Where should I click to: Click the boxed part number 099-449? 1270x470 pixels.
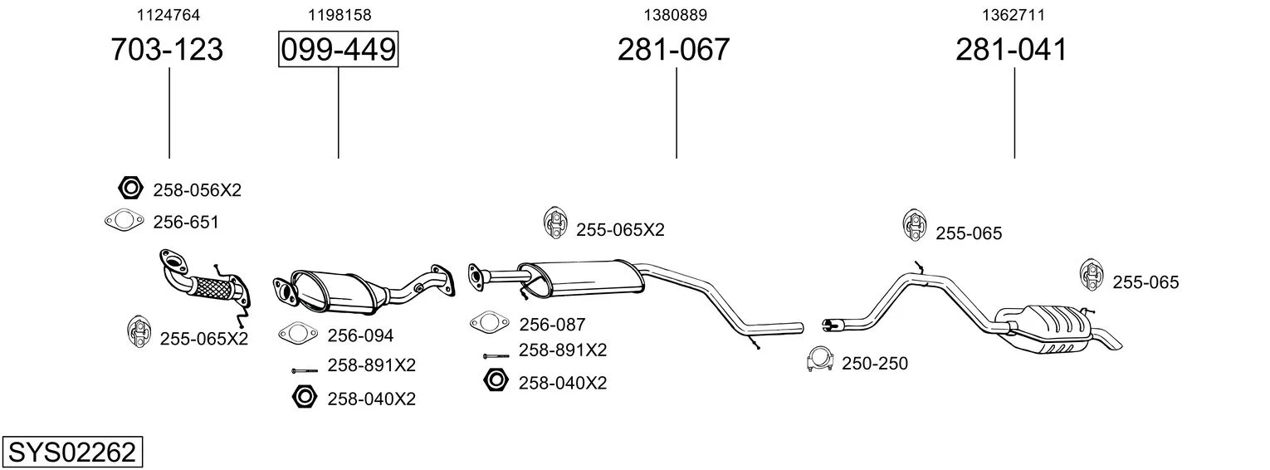(x=338, y=50)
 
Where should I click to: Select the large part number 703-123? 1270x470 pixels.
(x=167, y=50)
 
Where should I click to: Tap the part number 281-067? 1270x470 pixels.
(x=673, y=50)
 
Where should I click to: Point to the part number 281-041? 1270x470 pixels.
(x=1011, y=50)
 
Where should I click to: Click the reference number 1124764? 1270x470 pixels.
(x=168, y=15)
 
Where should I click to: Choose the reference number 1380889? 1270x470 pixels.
(x=676, y=15)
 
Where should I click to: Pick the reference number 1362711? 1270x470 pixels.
(x=1014, y=15)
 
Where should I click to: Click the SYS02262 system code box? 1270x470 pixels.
(x=71, y=453)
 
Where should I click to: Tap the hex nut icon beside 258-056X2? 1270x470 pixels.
(x=130, y=189)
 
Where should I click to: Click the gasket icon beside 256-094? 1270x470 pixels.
(x=298, y=334)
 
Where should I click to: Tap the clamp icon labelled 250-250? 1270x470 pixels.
(x=820, y=361)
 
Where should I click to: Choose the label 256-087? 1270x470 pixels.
(x=552, y=325)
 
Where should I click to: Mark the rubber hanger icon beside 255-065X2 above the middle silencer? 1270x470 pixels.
(x=554, y=222)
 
